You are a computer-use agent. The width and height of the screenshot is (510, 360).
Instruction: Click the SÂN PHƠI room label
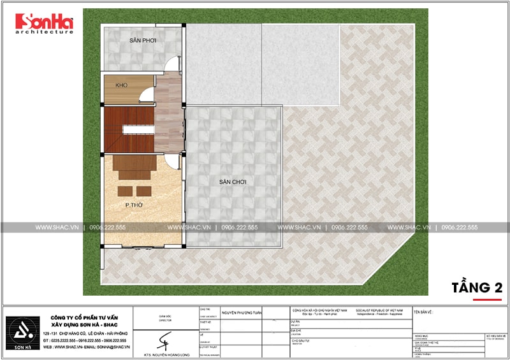[143, 40]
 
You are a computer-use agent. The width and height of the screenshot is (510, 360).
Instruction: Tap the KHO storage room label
[122, 85]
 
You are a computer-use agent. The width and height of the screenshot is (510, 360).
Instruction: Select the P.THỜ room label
[133, 206]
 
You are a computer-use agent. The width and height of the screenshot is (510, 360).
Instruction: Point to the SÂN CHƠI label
[233, 182]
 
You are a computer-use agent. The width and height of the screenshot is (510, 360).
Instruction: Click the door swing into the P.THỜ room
[170, 159]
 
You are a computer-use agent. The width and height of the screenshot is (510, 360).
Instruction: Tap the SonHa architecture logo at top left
[45, 24]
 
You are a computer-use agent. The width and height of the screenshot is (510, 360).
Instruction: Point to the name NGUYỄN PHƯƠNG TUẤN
[242, 313]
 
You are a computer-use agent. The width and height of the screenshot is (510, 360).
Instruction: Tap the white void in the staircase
[136, 130]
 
